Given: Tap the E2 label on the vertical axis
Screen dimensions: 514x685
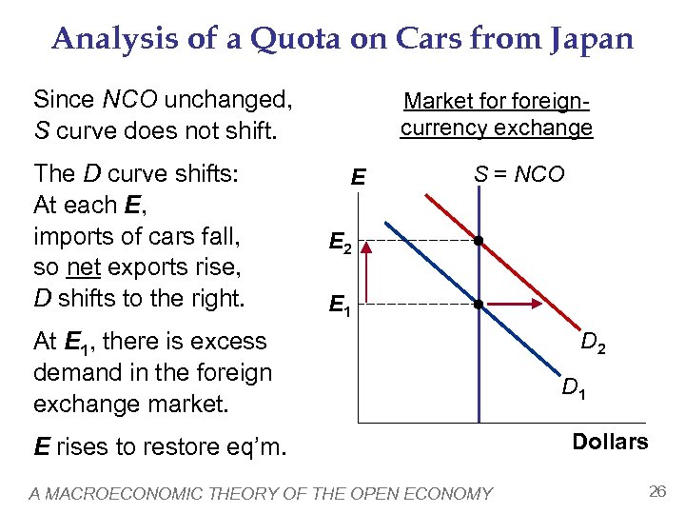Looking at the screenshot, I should (340, 246).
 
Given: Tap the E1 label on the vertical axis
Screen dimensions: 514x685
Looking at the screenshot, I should (340, 306).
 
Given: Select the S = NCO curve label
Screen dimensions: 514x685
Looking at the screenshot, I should (519, 174).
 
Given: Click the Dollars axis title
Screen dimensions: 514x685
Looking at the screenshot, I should (610, 442).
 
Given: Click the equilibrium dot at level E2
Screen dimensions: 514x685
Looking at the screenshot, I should (479, 242).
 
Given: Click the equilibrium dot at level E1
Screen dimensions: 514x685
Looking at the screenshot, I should (479, 305).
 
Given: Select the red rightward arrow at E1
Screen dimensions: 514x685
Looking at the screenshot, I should (514, 305).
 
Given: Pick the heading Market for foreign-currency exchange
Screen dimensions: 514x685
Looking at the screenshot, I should (496, 113).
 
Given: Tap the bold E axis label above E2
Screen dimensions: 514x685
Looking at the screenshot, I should (358, 178).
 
